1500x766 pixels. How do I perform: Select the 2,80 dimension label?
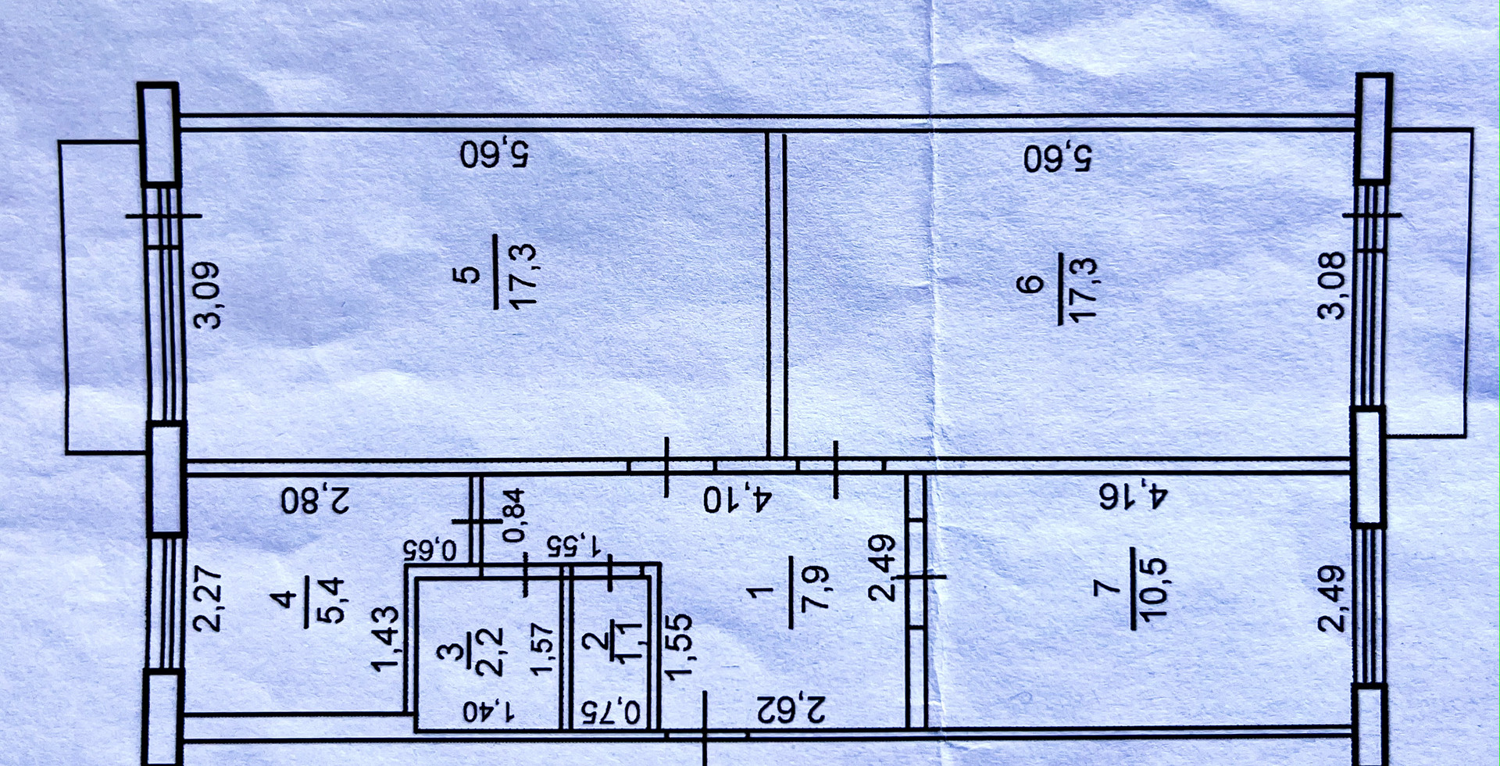pyautogui.click(x=316, y=500)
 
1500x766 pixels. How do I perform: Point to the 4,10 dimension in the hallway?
pyautogui.click(x=737, y=499)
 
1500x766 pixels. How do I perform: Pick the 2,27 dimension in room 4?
pyautogui.click(x=210, y=598)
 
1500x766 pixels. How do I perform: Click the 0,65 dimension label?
pyautogui.click(x=430, y=549)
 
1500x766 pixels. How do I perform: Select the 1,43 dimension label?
pyautogui.click(x=386, y=639)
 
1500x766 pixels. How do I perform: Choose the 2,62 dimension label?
pyautogui.click(x=791, y=711)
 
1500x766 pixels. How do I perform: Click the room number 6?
pyautogui.click(x=1033, y=283)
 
